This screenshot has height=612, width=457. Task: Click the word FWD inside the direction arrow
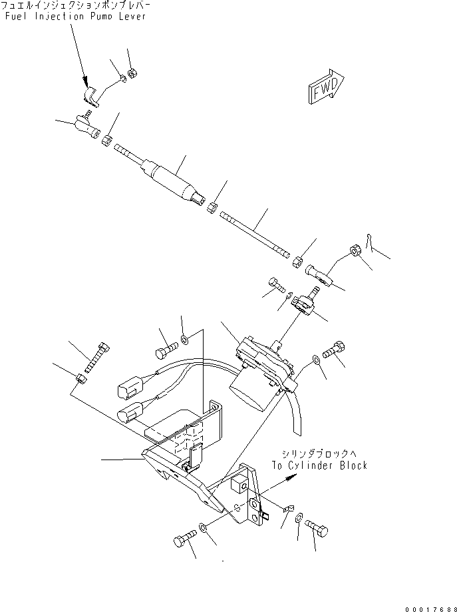325,89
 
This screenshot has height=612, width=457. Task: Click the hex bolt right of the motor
335,348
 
